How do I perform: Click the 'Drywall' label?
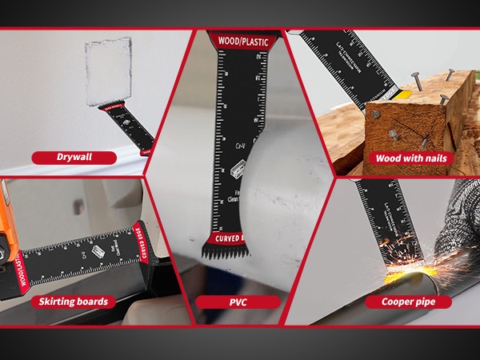(x=74, y=158)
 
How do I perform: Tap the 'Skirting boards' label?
(x=74, y=302)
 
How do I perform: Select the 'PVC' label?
(x=238, y=302)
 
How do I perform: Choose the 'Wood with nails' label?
(x=410, y=158)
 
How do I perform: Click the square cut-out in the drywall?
(x=108, y=73)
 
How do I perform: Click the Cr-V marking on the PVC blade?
(x=239, y=146)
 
